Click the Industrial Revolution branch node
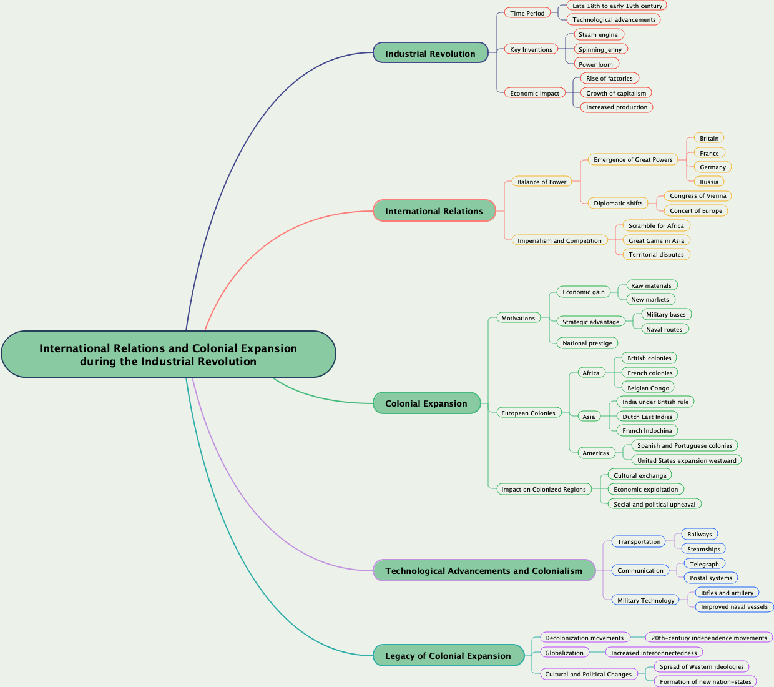430,53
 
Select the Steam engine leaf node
598,34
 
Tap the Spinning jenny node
600,49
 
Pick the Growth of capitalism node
616,93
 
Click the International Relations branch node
434,211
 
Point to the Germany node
712,167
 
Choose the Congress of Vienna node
698,195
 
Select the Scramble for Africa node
656,225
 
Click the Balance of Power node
542,182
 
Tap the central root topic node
168,354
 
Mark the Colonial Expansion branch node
426,403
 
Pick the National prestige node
587,343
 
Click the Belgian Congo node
648,388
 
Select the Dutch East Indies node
647,417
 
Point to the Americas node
595,453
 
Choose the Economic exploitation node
645,489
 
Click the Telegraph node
704,564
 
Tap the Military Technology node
645,600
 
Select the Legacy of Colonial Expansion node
448,656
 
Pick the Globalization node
564,653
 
